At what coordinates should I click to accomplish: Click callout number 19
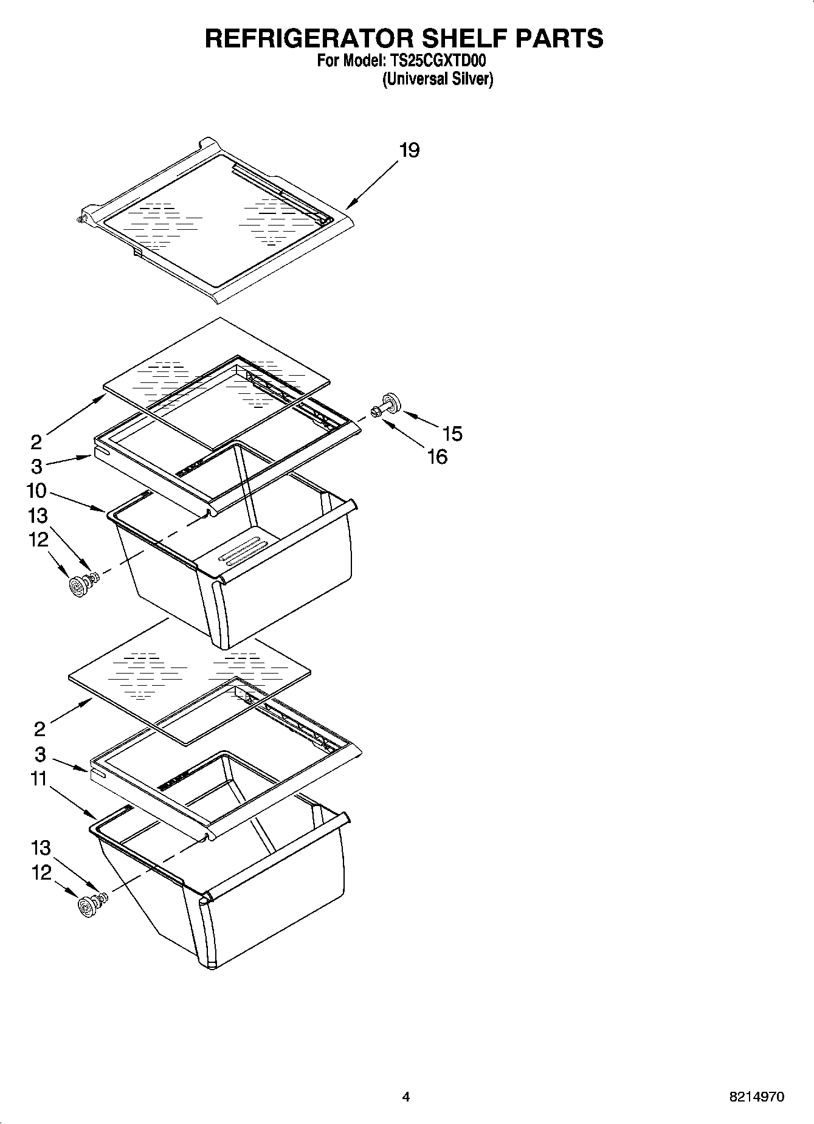(x=409, y=150)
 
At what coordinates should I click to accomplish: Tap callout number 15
(x=452, y=433)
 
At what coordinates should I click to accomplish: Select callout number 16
(x=437, y=457)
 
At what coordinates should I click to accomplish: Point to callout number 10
(x=36, y=491)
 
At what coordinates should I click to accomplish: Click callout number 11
(x=38, y=779)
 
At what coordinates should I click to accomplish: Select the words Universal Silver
(x=438, y=80)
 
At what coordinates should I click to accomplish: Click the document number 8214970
(x=757, y=1097)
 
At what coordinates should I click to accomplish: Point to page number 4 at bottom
(x=406, y=1097)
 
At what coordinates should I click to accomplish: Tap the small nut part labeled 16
(x=375, y=413)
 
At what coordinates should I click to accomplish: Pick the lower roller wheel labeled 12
(x=87, y=908)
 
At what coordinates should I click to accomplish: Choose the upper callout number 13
(x=38, y=516)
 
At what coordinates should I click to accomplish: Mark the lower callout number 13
(x=40, y=848)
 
